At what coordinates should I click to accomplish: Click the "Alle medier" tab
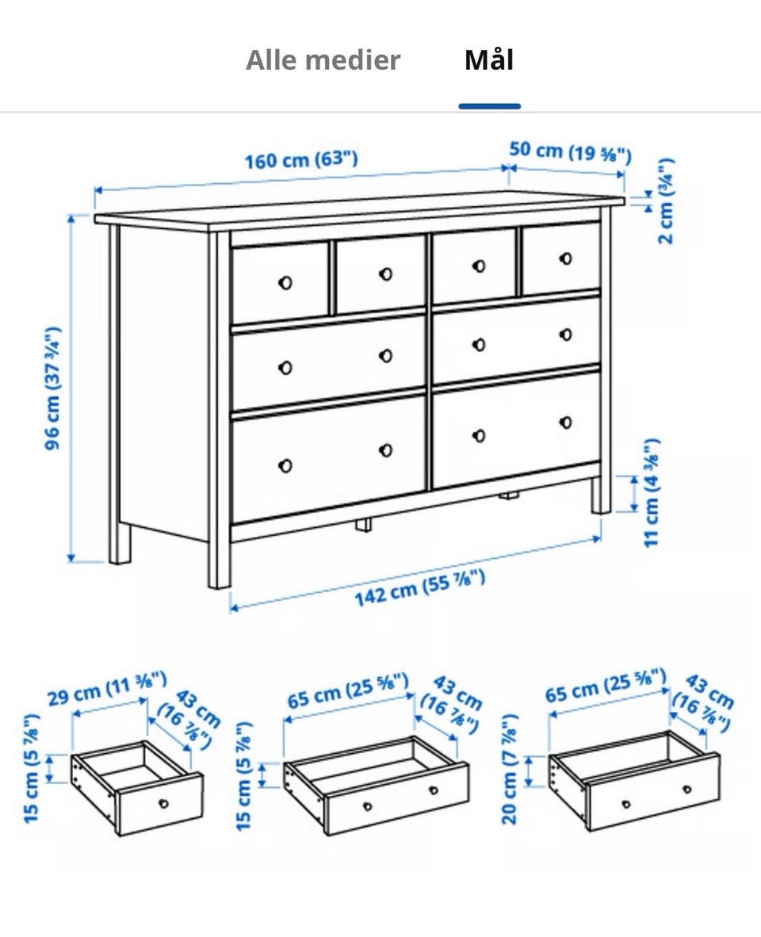[323, 59]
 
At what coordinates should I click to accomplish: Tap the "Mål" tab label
[489, 59]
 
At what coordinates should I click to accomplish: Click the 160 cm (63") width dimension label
[301, 159]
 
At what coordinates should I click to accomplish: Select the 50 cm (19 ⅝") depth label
[570, 151]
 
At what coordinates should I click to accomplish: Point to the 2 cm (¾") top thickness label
[665, 201]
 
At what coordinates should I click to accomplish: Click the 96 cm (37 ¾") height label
[53, 388]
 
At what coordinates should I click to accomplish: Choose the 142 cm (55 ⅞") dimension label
[419, 587]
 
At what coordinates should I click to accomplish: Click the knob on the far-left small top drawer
[285, 282]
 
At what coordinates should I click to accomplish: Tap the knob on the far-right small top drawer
[566, 258]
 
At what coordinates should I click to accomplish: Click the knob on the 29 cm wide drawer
[163, 804]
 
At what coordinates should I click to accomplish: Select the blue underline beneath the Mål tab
[489, 106]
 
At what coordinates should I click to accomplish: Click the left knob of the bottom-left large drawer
[285, 465]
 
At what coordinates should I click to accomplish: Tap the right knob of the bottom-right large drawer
[566, 423]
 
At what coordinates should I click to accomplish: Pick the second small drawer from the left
[380, 273]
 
